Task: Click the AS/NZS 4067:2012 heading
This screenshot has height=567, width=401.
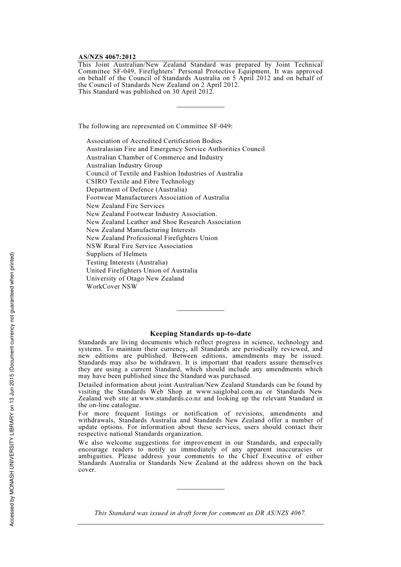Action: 107,57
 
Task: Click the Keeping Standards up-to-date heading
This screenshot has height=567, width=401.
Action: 200,334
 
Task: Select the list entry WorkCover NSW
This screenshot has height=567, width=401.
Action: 112,286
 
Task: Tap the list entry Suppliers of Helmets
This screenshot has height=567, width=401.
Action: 117,254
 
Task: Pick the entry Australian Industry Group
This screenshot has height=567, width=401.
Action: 124,165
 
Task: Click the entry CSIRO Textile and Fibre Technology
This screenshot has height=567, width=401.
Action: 141,181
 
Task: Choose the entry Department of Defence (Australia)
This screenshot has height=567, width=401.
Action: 136,189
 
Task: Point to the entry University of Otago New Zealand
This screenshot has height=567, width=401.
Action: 135,278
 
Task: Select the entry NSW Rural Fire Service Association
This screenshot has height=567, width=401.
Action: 139,246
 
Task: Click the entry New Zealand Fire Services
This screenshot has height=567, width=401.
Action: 125,206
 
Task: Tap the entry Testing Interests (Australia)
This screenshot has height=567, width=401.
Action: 127,262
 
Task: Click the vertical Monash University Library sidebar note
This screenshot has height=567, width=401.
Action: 12,389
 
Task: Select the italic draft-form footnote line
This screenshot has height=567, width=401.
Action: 200,513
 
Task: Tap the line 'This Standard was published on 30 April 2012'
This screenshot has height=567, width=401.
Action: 146,92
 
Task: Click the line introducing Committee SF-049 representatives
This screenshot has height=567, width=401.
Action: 155,126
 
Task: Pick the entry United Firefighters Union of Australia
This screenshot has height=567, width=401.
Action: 142,270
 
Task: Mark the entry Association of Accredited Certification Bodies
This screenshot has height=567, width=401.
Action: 154,141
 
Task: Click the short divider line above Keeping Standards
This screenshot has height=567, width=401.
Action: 200,310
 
